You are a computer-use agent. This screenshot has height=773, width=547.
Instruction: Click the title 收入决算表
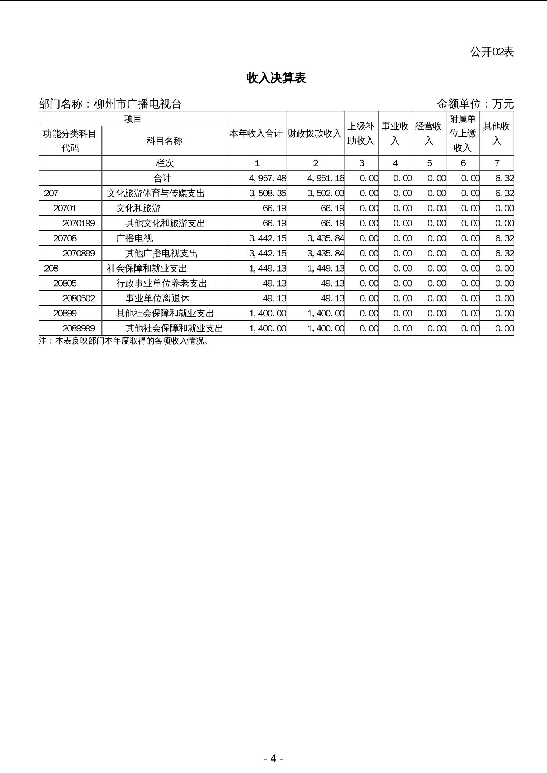[x=276, y=78]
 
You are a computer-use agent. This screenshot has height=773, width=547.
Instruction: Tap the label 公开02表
[x=491, y=52]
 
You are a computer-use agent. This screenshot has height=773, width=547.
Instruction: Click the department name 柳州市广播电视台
[x=137, y=104]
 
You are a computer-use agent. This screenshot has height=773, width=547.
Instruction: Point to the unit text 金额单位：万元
[x=475, y=104]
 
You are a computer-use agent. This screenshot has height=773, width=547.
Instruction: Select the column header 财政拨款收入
[x=315, y=133]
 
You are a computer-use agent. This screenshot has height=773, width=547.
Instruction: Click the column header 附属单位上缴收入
[x=462, y=133]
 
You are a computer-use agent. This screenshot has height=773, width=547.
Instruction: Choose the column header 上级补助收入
[x=361, y=133]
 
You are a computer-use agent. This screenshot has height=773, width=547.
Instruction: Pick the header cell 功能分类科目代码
[x=70, y=141]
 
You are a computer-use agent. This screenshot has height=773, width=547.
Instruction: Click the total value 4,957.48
[x=267, y=178]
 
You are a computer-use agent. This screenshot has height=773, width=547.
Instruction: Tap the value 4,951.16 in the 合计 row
[x=325, y=178]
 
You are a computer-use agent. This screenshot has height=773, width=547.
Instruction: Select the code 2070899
[x=79, y=253]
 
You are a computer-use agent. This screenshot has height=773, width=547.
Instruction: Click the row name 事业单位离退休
[x=157, y=298]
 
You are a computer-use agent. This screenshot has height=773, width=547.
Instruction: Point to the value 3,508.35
[x=267, y=193]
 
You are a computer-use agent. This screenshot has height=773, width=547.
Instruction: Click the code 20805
[x=65, y=283]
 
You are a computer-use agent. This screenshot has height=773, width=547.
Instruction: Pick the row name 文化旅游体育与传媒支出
[x=155, y=193]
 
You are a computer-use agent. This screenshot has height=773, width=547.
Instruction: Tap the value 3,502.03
[x=325, y=193]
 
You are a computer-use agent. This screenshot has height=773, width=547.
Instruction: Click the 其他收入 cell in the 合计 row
[x=504, y=178]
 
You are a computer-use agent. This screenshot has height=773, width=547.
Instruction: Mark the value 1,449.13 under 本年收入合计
[x=267, y=268]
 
